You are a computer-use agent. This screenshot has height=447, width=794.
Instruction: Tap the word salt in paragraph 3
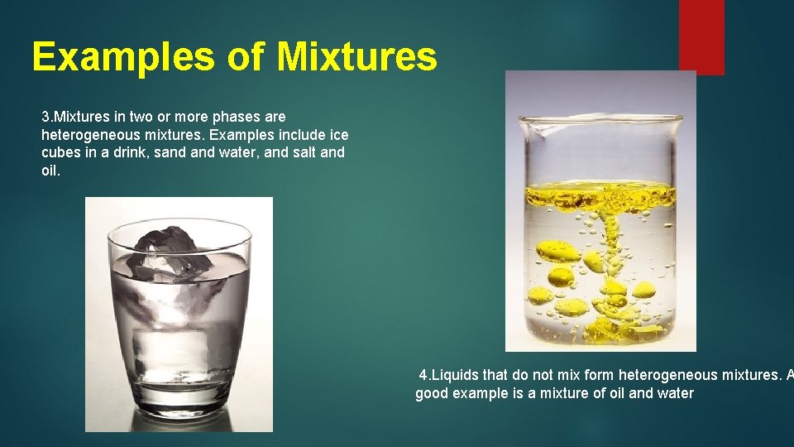[x=297, y=152]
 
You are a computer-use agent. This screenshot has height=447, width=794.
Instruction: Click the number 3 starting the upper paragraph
[x=45, y=117]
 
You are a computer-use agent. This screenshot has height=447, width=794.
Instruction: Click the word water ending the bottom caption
[x=674, y=393]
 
